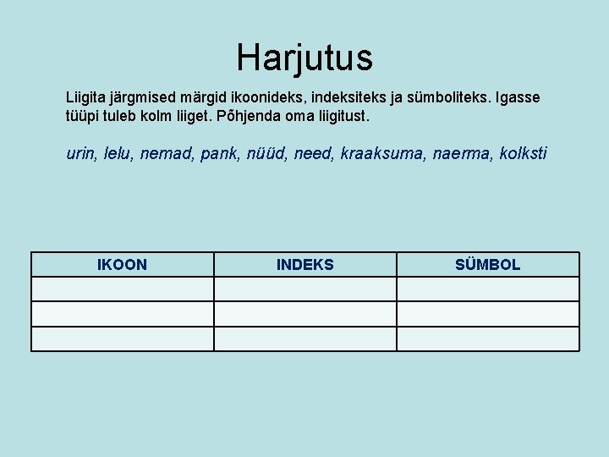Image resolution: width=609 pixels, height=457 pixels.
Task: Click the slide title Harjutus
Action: pos(304,58)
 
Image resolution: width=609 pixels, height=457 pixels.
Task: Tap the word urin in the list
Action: pos(81,154)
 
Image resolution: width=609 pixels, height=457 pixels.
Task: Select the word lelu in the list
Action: pos(118,154)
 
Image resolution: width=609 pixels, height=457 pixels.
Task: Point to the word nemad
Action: pos(166,154)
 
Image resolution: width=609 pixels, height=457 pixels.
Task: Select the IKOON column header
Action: pos(122,265)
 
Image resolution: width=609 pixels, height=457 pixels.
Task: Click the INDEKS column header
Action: pos(304,265)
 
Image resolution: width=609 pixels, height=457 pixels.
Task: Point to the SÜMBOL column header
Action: pos(487,265)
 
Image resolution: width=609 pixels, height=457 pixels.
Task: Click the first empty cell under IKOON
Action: pos(122,289)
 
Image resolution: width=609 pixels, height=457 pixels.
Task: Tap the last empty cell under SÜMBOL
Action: pos(488,339)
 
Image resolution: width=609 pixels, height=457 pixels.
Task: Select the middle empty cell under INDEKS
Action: pos(304,314)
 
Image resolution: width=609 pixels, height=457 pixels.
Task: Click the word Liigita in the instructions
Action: pos(88,97)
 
